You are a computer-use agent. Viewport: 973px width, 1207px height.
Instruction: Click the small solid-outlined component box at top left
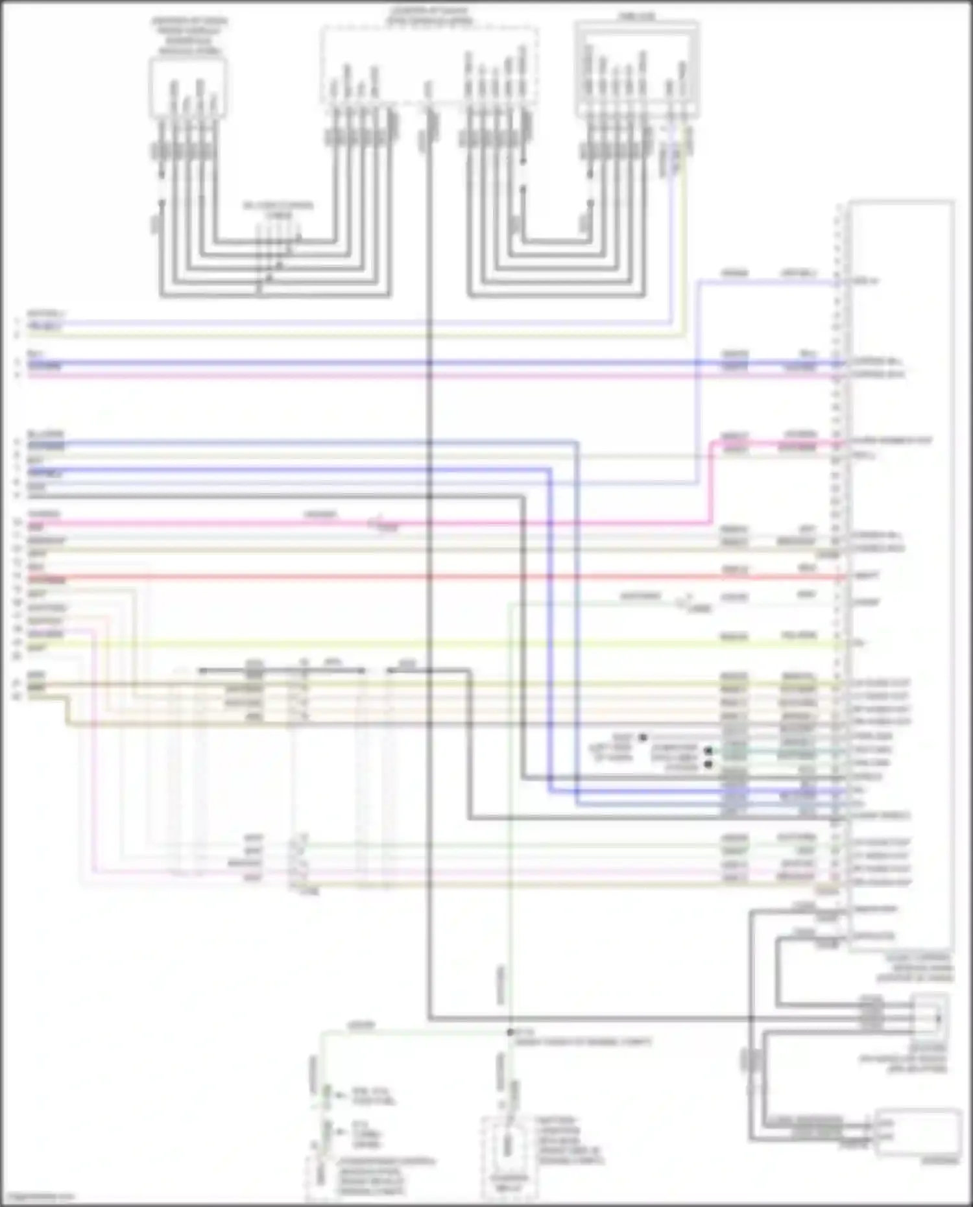point(188,88)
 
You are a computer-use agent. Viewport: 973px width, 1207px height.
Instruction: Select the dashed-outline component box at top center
point(429,65)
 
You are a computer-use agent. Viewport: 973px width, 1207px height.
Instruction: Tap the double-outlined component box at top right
point(636,70)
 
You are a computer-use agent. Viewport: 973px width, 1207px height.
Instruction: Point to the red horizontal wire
point(454,577)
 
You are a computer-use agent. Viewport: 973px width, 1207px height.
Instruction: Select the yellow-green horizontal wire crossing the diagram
point(454,644)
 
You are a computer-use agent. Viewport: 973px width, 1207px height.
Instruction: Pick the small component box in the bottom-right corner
point(917,1132)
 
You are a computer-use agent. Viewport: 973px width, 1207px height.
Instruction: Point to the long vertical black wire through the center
point(429,584)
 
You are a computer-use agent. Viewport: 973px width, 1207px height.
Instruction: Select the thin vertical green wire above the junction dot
point(511,843)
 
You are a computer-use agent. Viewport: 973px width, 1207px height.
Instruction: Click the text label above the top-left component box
point(189,36)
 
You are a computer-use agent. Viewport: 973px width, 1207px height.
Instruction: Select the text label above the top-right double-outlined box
point(636,16)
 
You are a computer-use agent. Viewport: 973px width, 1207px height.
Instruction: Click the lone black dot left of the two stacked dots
point(643,737)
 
